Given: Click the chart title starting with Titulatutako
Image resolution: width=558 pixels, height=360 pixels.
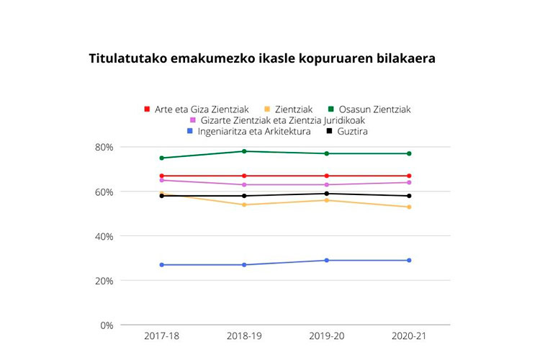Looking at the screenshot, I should coord(261,58).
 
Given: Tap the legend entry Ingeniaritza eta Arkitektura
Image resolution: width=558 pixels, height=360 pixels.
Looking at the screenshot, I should coord(248,131).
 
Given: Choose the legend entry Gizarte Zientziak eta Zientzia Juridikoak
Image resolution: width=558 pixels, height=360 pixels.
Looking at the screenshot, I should coord(281,120).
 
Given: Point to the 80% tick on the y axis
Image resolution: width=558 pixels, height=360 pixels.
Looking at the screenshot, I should coord(104,147).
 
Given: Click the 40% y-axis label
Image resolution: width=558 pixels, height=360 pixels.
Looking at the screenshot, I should coord(104,236).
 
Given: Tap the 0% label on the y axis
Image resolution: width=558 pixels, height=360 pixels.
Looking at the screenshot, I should coord(107,325).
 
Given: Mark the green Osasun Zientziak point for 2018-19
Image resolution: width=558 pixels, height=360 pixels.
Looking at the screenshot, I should coord(244,151).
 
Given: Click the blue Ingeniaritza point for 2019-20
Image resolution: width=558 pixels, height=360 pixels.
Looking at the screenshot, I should coord(327,260).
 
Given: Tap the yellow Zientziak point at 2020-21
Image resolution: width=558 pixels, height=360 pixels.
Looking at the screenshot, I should coord(409,207).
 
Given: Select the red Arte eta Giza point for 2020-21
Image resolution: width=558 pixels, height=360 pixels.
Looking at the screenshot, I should coord(409,176).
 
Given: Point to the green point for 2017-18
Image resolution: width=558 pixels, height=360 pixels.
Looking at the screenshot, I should coord(162,158).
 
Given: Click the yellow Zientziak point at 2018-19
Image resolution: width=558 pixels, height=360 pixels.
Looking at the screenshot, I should coord(244,204).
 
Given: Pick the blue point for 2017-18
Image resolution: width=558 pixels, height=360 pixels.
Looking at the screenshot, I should coord(162,265).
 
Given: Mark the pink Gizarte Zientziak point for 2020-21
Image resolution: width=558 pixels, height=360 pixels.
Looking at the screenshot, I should coord(409,182).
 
